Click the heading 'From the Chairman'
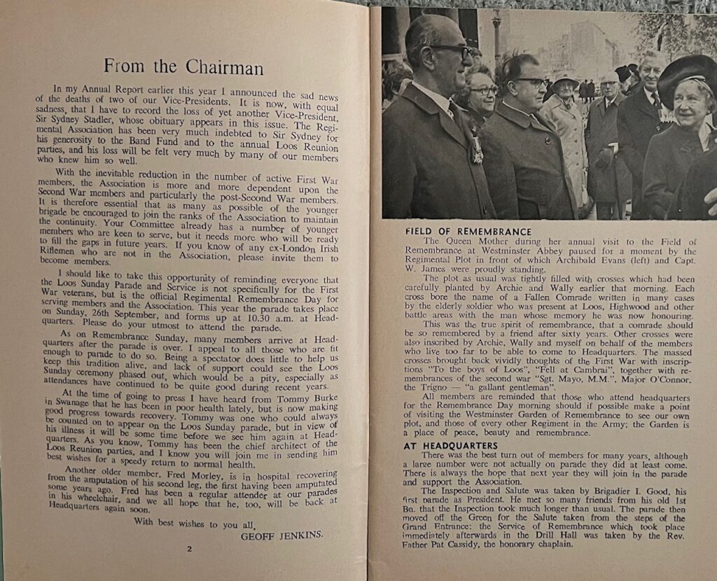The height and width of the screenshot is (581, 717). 183,67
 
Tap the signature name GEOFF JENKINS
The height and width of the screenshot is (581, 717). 282,535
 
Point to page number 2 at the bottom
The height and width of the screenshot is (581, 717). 188,549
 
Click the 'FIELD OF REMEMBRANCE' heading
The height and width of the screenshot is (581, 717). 468,231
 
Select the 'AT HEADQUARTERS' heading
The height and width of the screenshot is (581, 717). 451,445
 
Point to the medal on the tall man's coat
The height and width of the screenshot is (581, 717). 476,150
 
